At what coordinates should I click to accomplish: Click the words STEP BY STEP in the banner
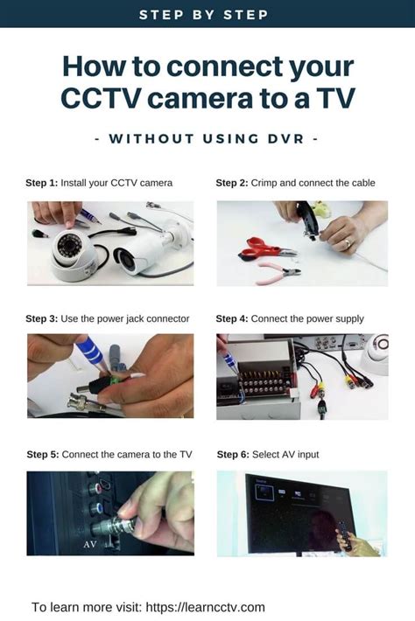pos(204,15)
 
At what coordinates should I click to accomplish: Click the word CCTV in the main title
pos(101,98)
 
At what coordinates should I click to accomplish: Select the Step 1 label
pos(42,183)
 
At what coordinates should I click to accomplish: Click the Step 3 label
pos(42,319)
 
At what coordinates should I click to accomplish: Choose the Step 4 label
pos(232,319)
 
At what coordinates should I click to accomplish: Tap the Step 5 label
pos(43,455)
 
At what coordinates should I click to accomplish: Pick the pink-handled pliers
pos(278,273)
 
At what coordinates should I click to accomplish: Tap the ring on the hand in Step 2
pos(348,241)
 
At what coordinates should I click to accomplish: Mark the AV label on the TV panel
pos(90,544)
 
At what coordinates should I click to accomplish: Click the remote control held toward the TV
pos(345,535)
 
